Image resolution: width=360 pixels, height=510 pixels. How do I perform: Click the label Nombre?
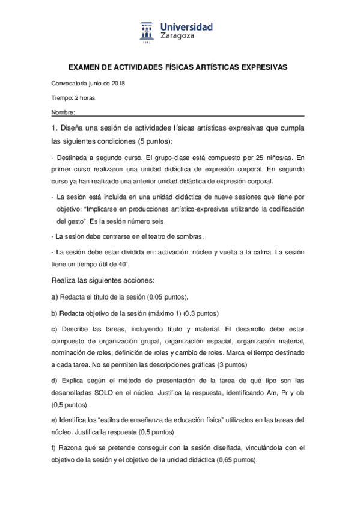[63, 112]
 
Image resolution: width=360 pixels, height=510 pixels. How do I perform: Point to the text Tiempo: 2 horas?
[73, 98]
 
